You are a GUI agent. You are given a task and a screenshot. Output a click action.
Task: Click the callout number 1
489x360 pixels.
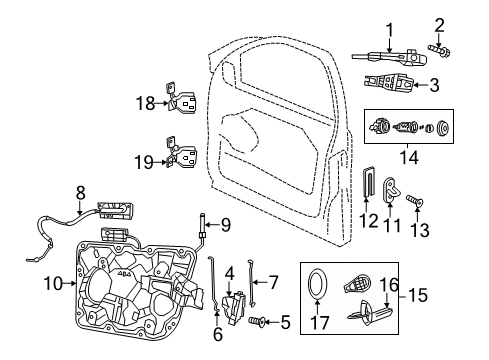pos(391,29)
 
